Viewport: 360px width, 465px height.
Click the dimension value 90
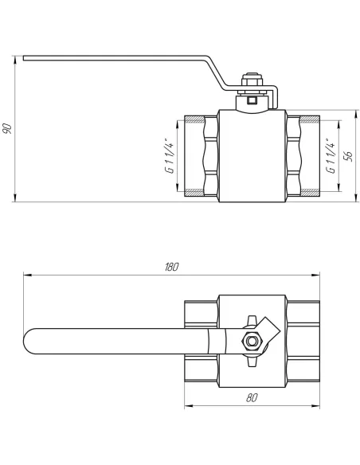[x=7, y=128]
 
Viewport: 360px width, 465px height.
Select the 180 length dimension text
[x=172, y=267]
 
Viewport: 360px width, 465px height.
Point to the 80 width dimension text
[x=252, y=397]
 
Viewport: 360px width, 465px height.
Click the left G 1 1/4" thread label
[x=170, y=155]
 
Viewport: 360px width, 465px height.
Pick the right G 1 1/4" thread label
[x=331, y=155]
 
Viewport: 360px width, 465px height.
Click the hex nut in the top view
[x=252, y=342]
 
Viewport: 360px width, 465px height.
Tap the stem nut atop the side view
[x=252, y=82]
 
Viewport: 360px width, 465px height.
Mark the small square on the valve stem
[x=252, y=100]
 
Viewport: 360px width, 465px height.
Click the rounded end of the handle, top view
[x=27, y=341]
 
